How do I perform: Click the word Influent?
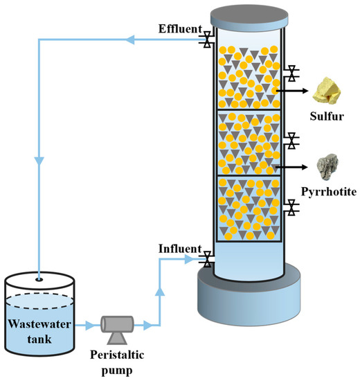point(179,249)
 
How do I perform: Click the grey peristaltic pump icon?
point(117,326)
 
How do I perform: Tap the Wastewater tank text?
point(39,330)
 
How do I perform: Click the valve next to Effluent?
point(206,41)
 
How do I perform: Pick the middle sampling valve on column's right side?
point(293,141)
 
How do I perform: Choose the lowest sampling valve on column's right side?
point(293,206)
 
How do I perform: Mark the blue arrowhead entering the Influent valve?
point(191,260)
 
